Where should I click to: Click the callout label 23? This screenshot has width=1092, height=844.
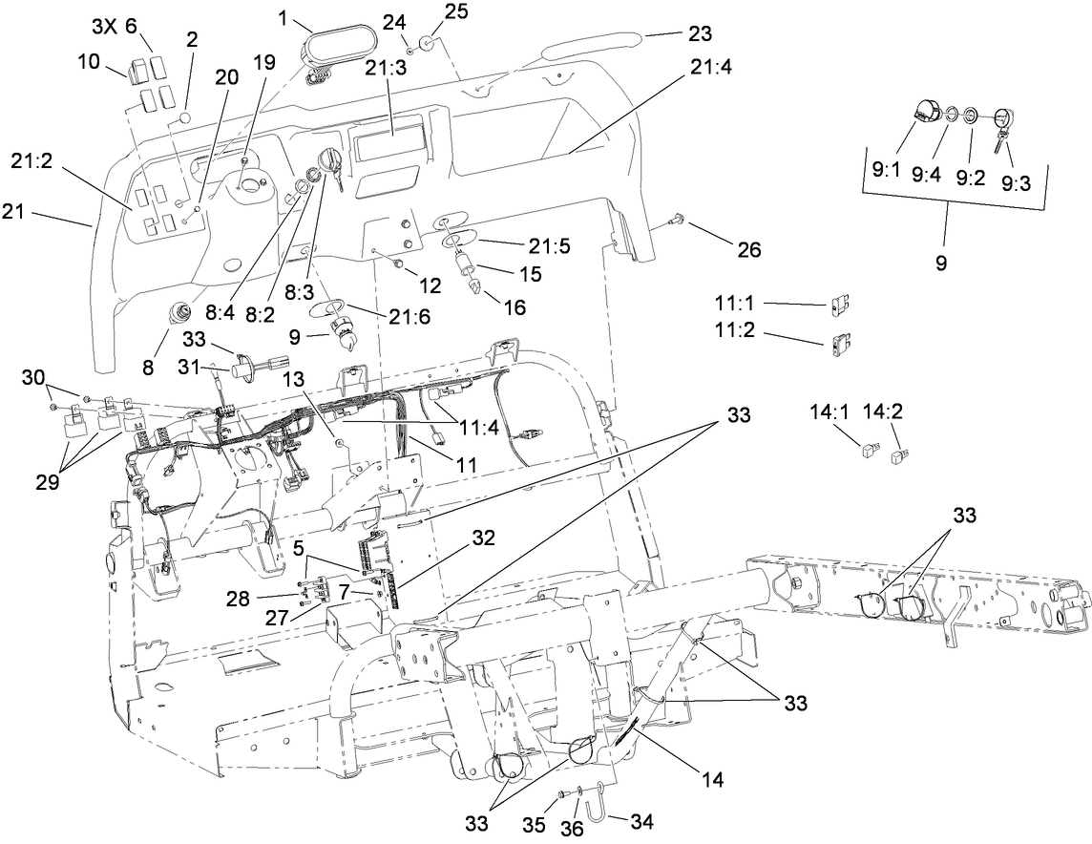pyautogui.click(x=700, y=33)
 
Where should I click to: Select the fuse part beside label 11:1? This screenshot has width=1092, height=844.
pyautogui.click(x=839, y=306)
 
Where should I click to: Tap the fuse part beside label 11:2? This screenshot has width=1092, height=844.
pyautogui.click(x=839, y=340)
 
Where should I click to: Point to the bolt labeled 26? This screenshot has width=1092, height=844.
pyautogui.click(x=675, y=221)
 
